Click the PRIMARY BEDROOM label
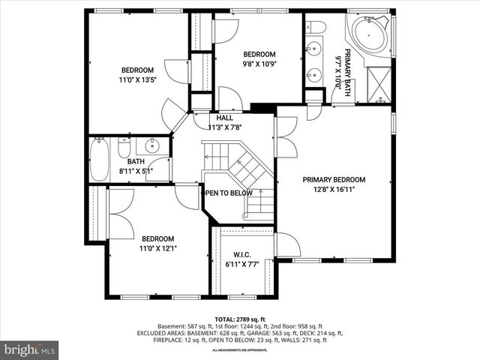click(x=334, y=180)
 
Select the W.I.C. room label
click(x=241, y=253)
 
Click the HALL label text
click(x=224, y=118)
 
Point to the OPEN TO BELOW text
click(x=229, y=193)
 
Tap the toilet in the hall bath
click(x=125, y=148)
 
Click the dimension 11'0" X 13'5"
click(x=138, y=79)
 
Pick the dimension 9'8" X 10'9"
click(x=259, y=64)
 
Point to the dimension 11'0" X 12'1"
click(x=158, y=247)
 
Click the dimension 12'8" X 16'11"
click(x=334, y=190)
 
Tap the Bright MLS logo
click(x=29, y=349)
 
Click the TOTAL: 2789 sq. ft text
click(x=239, y=319)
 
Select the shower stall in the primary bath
click(x=378, y=85)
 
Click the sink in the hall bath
click(x=153, y=145)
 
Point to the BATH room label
click(x=136, y=161)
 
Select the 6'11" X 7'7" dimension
click(x=241, y=264)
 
